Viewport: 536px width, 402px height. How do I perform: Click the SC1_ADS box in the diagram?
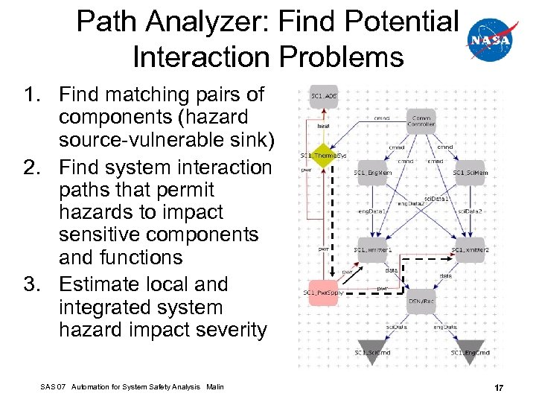point(324,98)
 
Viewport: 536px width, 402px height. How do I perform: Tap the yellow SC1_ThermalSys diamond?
point(324,156)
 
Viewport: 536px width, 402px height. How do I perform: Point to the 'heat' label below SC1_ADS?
point(324,127)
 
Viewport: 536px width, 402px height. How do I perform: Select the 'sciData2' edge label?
point(469,211)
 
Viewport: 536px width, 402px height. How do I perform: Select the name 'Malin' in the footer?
point(214,386)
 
